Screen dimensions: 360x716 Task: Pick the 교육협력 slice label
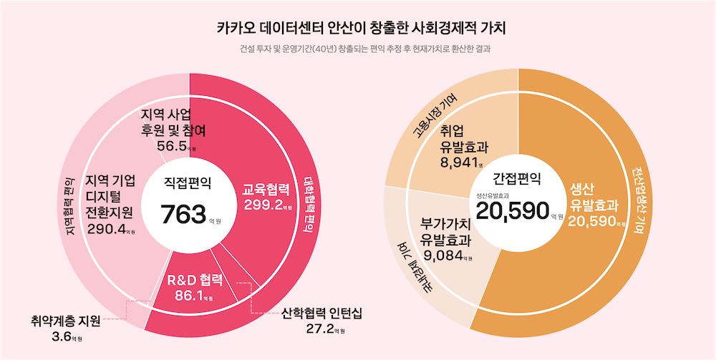click(x=266, y=190)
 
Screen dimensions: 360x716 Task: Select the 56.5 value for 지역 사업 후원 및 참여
click(x=173, y=146)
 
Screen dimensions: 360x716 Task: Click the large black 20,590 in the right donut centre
click(x=512, y=210)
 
